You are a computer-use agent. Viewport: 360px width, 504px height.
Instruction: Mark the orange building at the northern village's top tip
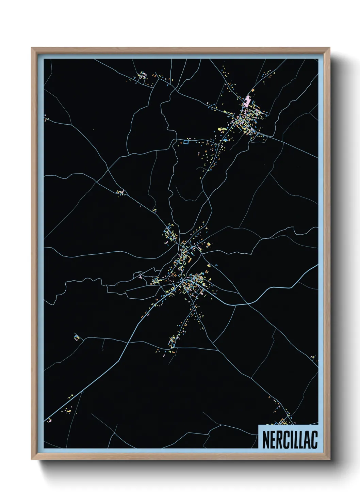253,91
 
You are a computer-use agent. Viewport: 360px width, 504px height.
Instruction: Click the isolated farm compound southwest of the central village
77,337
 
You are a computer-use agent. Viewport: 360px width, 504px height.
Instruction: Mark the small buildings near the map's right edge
314,358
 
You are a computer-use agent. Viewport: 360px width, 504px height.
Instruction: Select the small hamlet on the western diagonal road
121,193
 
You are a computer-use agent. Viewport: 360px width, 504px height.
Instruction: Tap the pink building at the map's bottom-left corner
50,420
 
